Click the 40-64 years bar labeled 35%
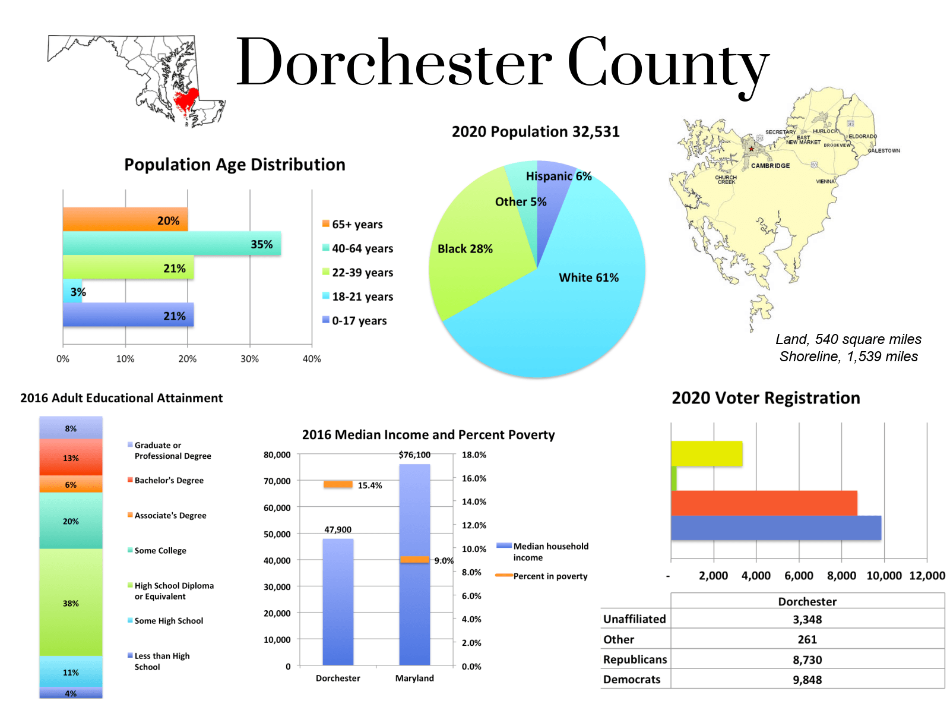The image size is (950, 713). [x=172, y=244]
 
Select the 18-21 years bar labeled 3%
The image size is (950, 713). [x=72, y=291]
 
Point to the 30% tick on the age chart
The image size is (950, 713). [x=249, y=359]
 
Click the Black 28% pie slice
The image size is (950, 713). [x=469, y=255]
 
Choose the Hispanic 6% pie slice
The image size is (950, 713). [x=552, y=178]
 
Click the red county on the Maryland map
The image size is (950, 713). [x=186, y=102]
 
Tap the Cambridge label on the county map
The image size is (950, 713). [x=770, y=166]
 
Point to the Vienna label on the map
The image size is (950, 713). [x=825, y=181]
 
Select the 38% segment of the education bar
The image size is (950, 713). [x=71, y=603]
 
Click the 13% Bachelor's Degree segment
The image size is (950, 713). [x=71, y=458]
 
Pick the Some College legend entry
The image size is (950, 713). [x=160, y=551]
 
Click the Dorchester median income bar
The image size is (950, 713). [x=338, y=600]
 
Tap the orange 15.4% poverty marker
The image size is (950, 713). [x=338, y=485]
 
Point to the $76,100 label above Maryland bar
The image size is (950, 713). [x=414, y=455]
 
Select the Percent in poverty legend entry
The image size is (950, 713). [x=550, y=576]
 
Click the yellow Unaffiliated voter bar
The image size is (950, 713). [x=707, y=453]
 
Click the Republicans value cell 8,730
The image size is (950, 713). [x=807, y=660]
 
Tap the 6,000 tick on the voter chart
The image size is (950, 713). [x=799, y=576]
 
